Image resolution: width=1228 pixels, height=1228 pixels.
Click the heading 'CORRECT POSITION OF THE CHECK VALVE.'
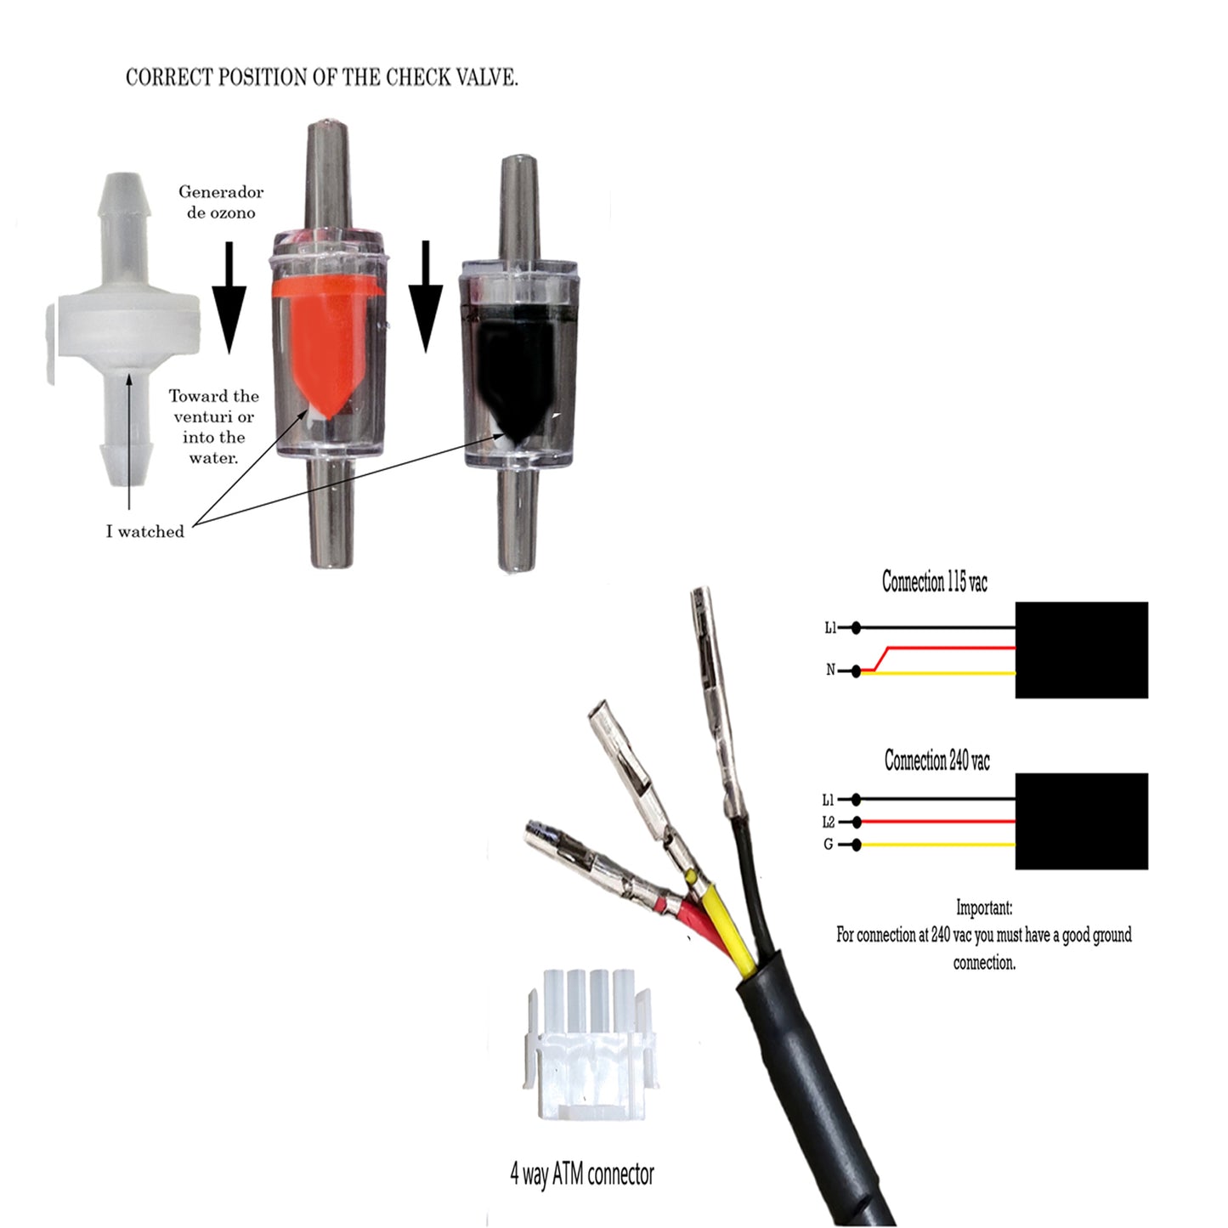322,77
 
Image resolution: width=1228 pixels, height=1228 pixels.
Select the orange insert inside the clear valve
328,348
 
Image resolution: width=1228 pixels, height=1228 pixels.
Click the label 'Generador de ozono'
220,202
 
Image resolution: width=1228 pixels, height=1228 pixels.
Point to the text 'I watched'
144,531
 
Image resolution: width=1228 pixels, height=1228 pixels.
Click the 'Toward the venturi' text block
213,427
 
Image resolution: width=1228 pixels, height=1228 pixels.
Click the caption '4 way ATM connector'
582,1174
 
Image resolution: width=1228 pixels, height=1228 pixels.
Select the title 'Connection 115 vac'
934,581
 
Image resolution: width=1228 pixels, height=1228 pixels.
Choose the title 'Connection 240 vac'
937,761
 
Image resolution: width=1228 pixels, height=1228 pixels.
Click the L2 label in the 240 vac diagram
829,822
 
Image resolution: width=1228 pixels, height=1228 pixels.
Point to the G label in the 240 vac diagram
828,845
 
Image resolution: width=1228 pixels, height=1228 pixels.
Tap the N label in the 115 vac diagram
830,670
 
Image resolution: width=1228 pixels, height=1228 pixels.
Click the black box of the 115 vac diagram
1082,650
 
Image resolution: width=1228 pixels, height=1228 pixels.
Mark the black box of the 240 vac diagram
1082,822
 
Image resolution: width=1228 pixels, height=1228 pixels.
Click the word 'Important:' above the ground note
984,908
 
